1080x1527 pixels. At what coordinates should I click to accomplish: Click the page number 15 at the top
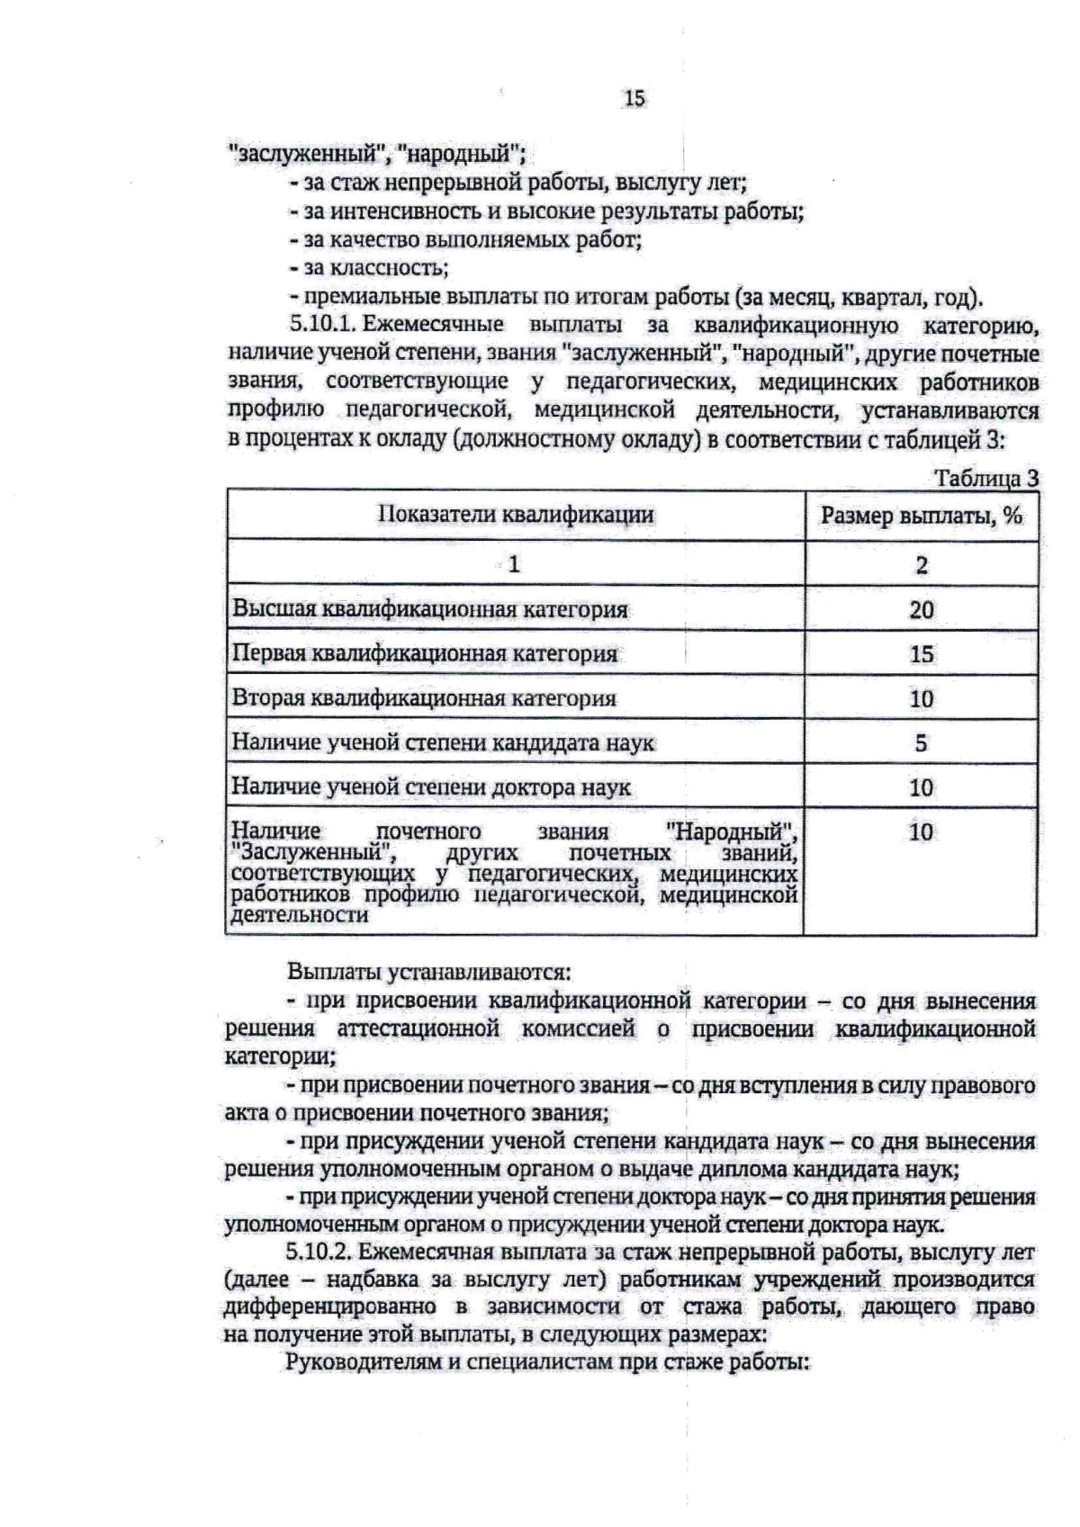pos(634,99)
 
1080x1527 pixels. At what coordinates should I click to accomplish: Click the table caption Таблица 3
pos(986,479)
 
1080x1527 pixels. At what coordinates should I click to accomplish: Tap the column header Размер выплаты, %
pos(921,516)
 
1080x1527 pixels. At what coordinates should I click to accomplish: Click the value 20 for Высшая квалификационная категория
pos(921,610)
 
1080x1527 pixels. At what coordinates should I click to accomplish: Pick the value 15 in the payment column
pos(921,654)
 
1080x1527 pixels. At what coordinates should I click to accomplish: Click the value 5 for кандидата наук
pos(921,743)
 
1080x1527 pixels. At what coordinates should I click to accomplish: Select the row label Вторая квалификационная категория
pos(424,698)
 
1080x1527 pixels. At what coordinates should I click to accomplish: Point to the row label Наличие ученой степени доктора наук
pos(431,787)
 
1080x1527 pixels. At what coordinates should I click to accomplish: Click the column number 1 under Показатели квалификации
pos(514,565)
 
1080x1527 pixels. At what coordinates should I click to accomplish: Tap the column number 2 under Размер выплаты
pos(921,565)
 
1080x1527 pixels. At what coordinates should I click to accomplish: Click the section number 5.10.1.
pos(323,325)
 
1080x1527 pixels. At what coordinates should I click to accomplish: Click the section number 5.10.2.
pos(323,1252)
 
